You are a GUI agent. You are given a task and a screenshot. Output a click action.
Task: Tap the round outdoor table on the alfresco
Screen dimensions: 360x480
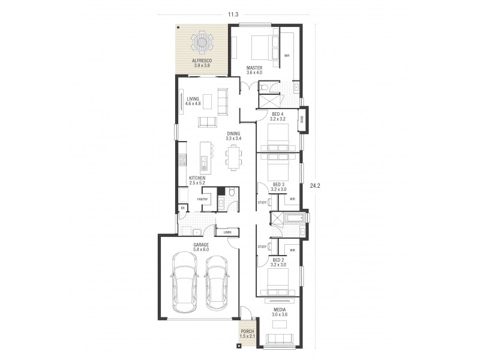pos(200,43)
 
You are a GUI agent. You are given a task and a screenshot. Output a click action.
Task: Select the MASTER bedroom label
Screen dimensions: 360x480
pos(254,68)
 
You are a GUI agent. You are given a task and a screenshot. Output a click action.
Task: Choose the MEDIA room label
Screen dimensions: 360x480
pos(280,310)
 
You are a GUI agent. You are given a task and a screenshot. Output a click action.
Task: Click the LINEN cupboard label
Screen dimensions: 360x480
pos(227,232)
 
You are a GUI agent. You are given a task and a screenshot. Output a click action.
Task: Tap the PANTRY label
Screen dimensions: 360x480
pos(202,199)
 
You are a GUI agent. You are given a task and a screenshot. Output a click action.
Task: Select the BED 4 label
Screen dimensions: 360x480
pos(278,114)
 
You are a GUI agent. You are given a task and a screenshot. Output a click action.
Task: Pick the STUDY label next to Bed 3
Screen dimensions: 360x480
pos(262,203)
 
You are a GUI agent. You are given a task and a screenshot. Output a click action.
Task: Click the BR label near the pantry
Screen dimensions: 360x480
pos(182,208)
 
